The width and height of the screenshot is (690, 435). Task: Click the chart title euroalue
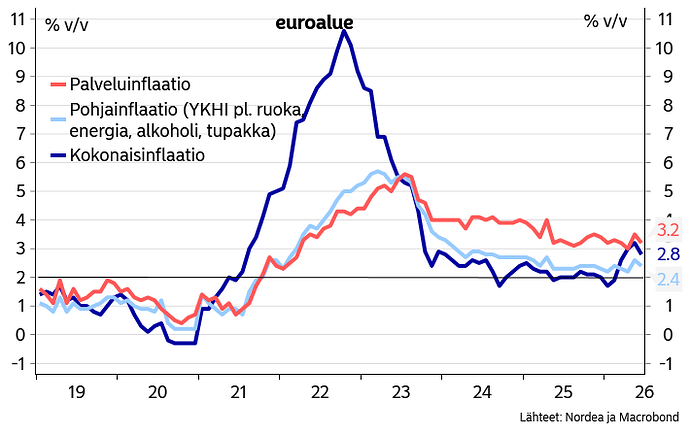[x=314, y=22]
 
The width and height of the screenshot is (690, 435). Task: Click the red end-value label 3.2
[x=668, y=230]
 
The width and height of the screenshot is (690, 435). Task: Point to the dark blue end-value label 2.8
[x=668, y=254]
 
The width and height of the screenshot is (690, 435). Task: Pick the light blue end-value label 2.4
[x=668, y=279]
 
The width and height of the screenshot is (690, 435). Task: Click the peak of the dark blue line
[x=344, y=31]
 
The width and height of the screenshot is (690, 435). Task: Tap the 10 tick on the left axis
[x=18, y=48]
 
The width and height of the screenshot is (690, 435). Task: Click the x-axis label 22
[x=320, y=391]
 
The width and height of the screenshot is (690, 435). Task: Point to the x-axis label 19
[x=76, y=391]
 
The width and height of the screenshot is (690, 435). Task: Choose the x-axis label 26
[x=645, y=391]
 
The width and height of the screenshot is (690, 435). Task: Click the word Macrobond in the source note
[x=649, y=417]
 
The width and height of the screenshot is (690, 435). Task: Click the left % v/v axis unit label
[x=67, y=24]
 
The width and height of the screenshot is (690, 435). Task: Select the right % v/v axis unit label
[x=606, y=21]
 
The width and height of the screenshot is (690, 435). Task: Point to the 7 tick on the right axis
[x=669, y=134]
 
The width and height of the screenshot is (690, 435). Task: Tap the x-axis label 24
[x=482, y=391]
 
